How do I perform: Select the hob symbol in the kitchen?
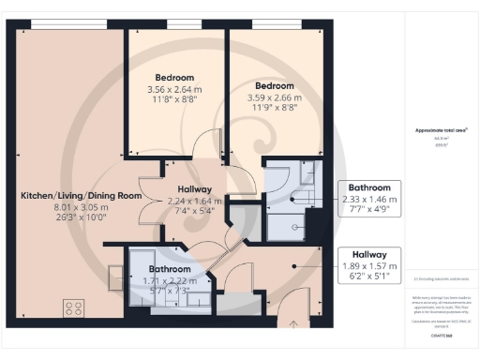tap(73, 307)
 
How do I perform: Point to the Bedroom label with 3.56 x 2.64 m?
tap(175, 77)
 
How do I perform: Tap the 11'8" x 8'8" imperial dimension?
tap(175, 101)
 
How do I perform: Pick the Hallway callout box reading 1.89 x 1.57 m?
tap(369, 265)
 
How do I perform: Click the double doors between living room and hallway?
tap(145, 199)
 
